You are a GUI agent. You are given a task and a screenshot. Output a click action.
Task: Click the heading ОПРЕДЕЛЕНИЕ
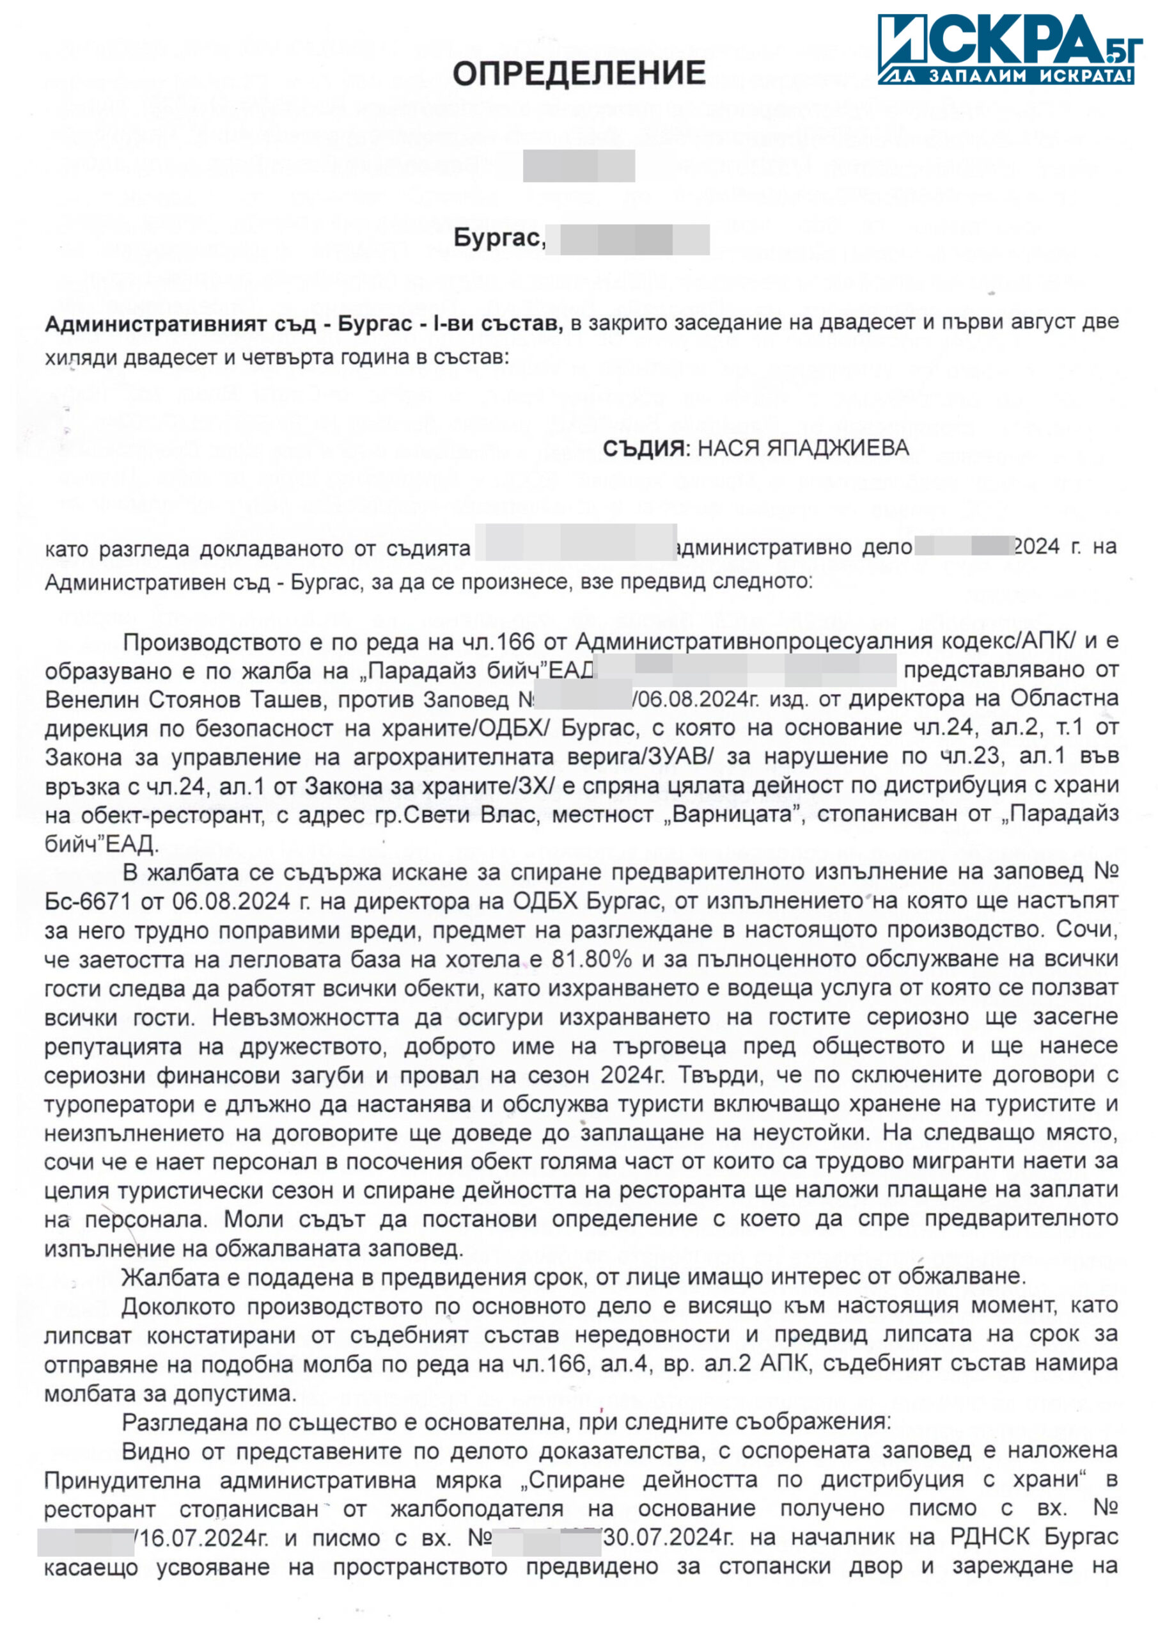579,74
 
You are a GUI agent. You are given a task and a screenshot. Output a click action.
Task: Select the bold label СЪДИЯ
643,449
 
